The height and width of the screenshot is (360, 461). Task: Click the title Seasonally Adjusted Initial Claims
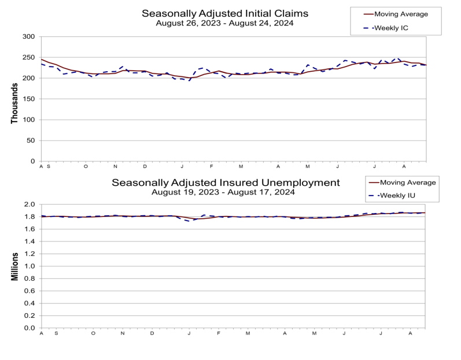(x=225, y=13)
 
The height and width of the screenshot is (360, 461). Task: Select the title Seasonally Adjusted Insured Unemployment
(x=226, y=183)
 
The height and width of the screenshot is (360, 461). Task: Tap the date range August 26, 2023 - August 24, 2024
(x=224, y=23)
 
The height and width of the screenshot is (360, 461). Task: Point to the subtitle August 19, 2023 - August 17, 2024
(x=223, y=192)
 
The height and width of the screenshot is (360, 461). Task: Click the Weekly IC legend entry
(x=386, y=28)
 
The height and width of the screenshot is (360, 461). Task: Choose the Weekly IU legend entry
(x=392, y=196)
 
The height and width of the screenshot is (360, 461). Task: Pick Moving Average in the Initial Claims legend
(x=396, y=14)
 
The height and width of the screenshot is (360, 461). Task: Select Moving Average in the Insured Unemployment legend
(x=402, y=183)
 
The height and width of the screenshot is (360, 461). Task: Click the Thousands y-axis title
(x=14, y=103)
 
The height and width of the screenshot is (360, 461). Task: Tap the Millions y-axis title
(x=14, y=266)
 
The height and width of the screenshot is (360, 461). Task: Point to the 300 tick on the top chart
(x=28, y=37)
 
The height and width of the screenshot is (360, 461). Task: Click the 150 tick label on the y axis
(x=28, y=99)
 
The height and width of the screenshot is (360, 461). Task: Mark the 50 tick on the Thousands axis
(x=31, y=141)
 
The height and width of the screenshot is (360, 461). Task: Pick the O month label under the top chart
(x=86, y=167)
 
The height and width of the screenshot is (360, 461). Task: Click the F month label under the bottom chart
(x=219, y=333)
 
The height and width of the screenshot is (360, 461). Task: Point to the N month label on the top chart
(x=115, y=167)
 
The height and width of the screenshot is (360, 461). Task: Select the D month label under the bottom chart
(x=152, y=333)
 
